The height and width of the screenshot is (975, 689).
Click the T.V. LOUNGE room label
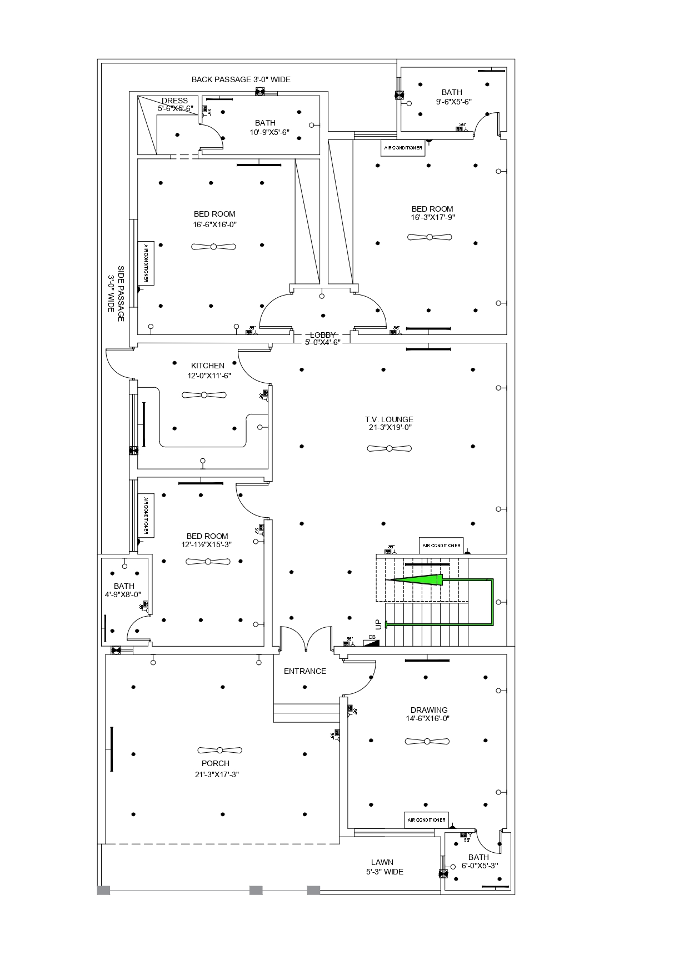click(389, 423)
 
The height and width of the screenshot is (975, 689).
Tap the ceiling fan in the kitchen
click(204, 395)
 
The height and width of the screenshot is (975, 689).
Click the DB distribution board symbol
click(372, 642)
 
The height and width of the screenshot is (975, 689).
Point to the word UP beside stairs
click(378, 624)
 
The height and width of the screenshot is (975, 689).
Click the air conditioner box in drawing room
click(426, 820)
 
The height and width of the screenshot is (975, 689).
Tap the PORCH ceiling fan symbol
click(220, 750)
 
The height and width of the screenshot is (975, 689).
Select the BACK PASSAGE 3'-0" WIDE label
click(241, 79)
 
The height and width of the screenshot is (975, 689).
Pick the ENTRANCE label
click(304, 671)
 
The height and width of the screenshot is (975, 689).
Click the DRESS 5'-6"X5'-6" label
click(175, 104)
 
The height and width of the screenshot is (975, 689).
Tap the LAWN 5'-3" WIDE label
click(384, 867)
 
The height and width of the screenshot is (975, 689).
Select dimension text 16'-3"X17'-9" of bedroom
click(432, 218)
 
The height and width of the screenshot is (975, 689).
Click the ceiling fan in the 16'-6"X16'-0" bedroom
click(213, 247)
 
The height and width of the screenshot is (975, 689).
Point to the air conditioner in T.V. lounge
click(442, 546)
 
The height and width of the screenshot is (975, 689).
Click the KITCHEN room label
click(208, 366)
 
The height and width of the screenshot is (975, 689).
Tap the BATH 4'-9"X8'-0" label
click(124, 590)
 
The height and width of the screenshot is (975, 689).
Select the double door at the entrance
click(306, 639)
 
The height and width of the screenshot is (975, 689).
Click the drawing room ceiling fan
click(427, 742)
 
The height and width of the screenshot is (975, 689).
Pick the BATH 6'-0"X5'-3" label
click(478, 861)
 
